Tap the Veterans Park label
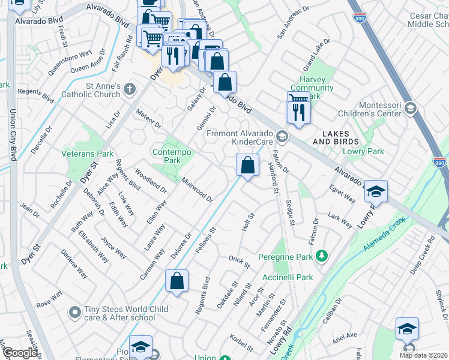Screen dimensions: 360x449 pos(88,154)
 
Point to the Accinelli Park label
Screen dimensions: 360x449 pos(288,278)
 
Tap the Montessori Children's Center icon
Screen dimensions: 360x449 pos(411,109)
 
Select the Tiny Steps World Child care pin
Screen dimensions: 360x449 pos(74,313)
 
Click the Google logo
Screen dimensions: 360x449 pos(19,353)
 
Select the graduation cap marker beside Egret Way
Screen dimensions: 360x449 pos(376,192)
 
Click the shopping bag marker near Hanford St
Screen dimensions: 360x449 pos(247,164)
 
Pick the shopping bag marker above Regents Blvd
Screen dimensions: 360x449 pos(176,281)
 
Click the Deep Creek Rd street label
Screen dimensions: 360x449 pos(423,258)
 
